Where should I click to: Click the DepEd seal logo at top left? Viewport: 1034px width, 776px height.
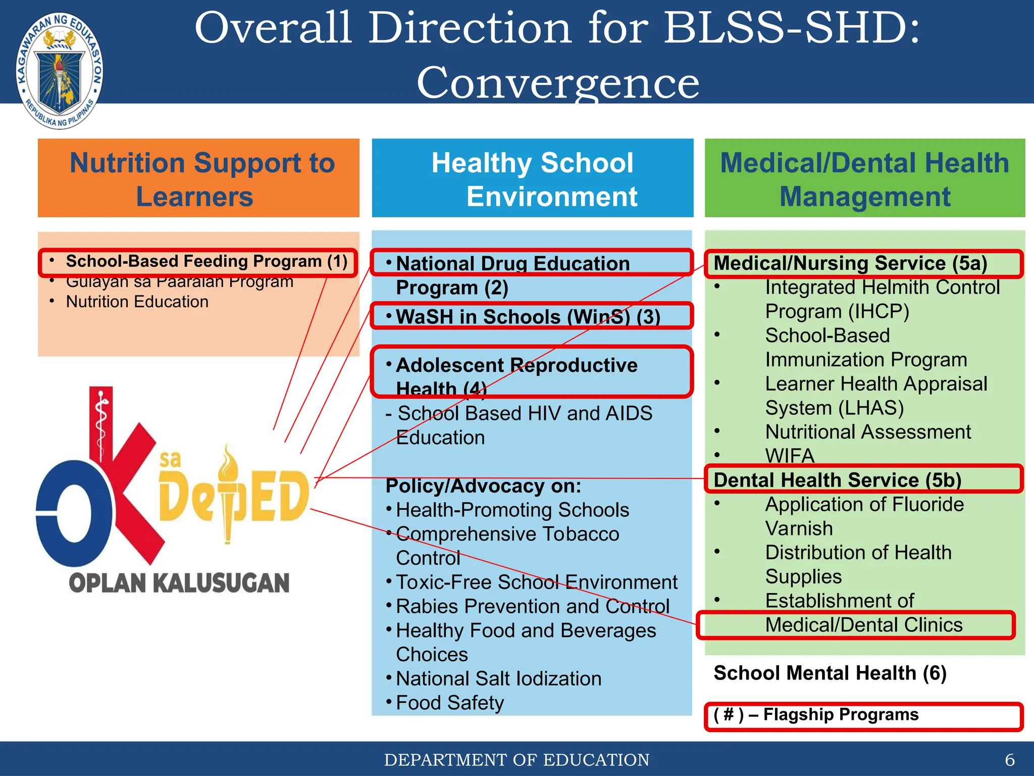pos(60,71)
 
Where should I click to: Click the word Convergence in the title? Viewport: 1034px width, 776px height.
pos(557,82)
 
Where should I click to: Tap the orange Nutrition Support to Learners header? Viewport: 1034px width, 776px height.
pos(198,178)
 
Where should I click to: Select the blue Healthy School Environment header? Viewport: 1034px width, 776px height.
pos(532,178)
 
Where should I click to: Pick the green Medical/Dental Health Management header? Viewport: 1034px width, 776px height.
pos(864,178)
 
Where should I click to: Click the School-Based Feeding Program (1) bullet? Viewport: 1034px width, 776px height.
pos(206,262)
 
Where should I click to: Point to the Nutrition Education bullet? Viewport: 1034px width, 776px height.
pos(137,302)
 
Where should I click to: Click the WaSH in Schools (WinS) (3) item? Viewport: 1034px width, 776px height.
pos(528,317)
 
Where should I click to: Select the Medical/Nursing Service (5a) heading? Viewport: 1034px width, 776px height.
pos(850,263)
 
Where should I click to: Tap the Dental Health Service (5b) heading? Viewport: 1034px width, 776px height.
pos(837,480)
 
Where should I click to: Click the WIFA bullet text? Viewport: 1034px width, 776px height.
pos(790,456)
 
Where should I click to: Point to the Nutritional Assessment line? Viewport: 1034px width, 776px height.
pos(867,432)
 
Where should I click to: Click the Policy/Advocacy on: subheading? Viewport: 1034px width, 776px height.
pos(483,486)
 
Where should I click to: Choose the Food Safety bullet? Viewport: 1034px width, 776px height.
pos(450,703)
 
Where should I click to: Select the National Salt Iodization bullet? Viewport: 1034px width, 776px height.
pos(498,678)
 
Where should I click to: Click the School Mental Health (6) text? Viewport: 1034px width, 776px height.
pos(830,673)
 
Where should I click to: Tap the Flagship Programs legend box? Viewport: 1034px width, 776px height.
pos(863,716)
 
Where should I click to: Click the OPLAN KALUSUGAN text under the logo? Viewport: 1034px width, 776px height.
pos(179,583)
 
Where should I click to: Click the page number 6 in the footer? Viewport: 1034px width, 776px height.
pos(1009,760)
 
